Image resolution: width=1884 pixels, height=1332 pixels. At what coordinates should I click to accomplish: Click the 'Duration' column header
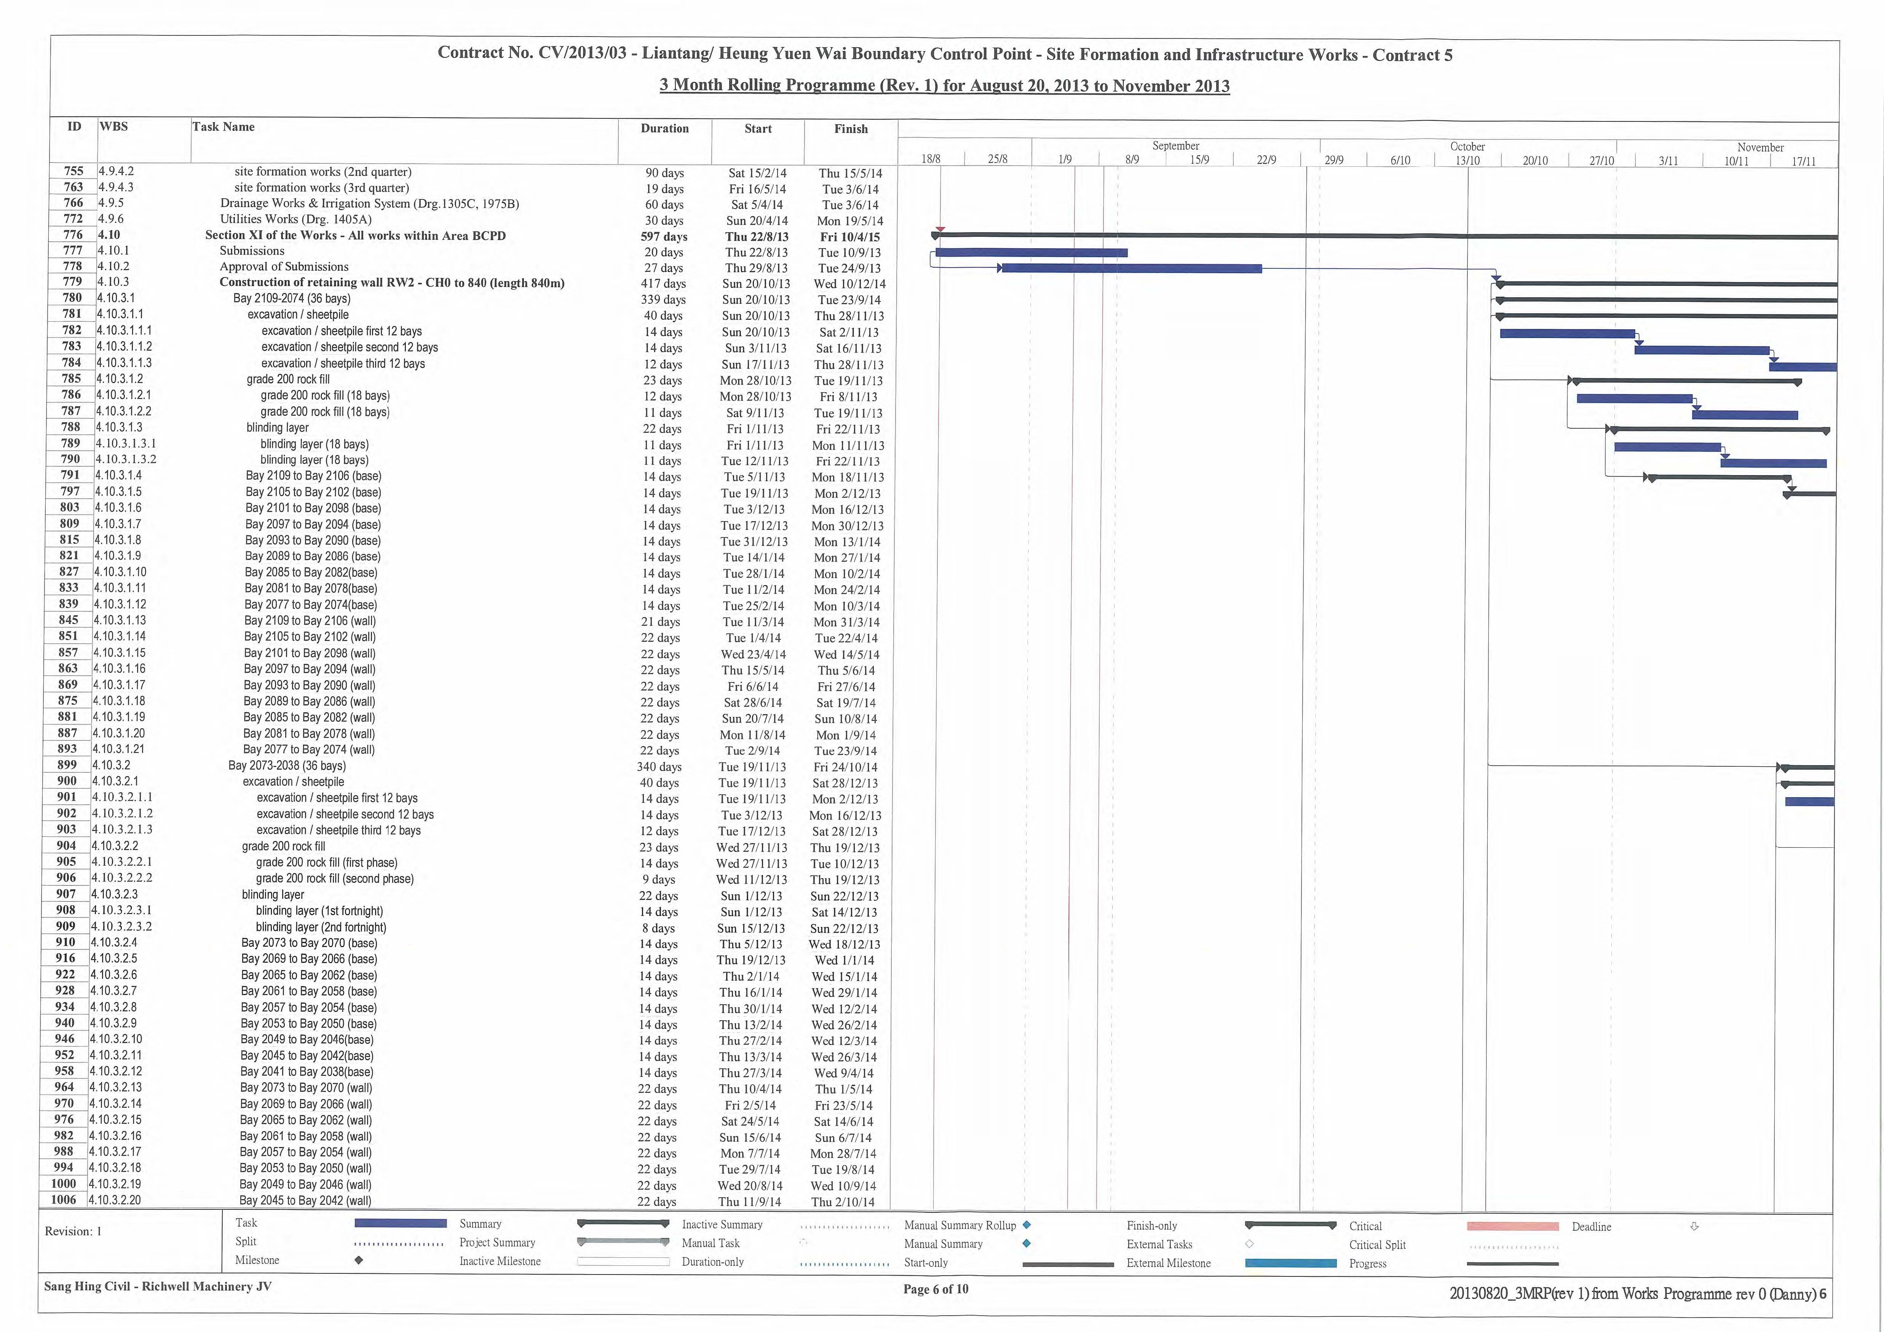[665, 129]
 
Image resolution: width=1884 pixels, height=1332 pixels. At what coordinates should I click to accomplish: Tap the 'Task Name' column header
[223, 127]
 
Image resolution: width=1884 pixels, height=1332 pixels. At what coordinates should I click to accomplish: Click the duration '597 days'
[664, 236]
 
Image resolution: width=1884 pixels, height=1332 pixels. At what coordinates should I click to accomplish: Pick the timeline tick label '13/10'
[1467, 160]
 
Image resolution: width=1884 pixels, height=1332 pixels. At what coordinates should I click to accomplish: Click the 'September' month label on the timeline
[1176, 146]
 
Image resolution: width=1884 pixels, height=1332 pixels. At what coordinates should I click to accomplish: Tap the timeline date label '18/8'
[931, 159]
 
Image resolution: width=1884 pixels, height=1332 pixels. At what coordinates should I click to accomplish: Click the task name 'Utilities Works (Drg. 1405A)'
[295, 219]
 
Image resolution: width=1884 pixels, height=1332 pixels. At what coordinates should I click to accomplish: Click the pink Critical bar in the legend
[1512, 1226]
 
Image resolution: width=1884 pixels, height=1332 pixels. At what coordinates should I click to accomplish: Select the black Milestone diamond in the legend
[359, 1261]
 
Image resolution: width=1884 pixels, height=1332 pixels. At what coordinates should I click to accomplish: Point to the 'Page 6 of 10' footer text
[936, 1289]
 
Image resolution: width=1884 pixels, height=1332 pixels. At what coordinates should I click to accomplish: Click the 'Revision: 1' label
[73, 1231]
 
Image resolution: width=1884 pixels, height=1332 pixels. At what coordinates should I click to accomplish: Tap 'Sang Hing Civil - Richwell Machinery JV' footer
[158, 1286]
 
